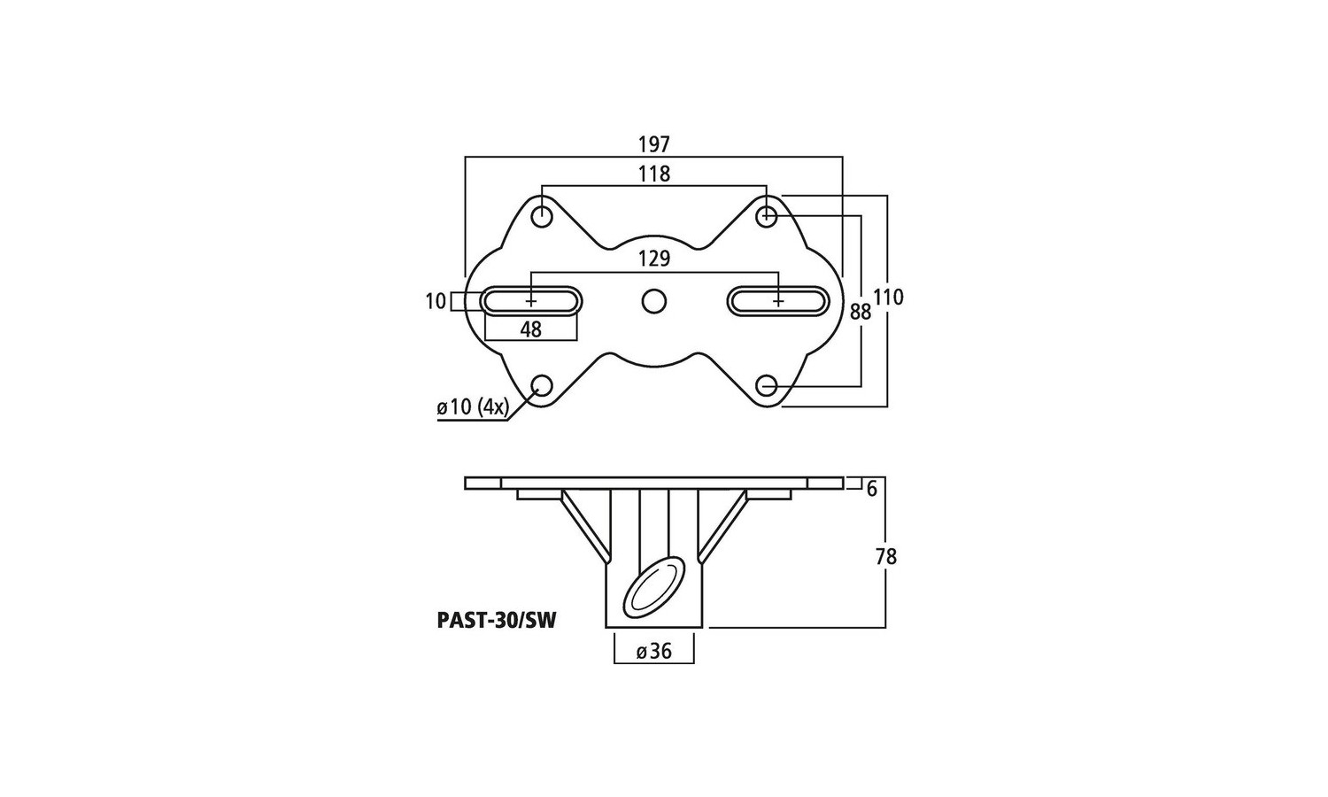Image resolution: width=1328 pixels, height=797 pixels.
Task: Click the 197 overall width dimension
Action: [x=654, y=144]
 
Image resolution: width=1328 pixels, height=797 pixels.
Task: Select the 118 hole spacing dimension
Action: [x=654, y=174]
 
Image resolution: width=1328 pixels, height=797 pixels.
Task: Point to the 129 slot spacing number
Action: [x=654, y=259]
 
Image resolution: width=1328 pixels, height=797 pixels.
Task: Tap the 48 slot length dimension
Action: [x=530, y=329]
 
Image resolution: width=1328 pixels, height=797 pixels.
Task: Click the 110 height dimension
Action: [x=888, y=297]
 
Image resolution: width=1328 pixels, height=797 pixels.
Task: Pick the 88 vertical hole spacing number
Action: [x=861, y=312]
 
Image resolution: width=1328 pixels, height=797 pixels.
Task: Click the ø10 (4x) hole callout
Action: [x=473, y=407]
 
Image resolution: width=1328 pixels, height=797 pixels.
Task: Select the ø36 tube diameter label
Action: [x=654, y=652]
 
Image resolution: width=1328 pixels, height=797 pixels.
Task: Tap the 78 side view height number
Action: [x=886, y=556]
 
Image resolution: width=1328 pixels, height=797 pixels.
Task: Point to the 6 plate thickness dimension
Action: [x=871, y=489]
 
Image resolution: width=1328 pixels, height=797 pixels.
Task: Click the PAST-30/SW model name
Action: [x=497, y=620]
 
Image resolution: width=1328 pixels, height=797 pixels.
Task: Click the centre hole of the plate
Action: [x=653, y=301]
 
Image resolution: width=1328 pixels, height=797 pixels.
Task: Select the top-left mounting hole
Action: [x=542, y=216]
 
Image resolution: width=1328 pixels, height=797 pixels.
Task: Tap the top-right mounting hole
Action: [x=767, y=216]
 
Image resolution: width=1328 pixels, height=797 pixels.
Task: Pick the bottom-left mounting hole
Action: [x=542, y=386]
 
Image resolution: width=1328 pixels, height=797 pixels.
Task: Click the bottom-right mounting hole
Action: [x=767, y=386]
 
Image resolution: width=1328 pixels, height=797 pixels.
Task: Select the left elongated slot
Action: [x=530, y=301]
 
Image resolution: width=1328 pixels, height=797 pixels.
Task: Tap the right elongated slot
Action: [x=778, y=301]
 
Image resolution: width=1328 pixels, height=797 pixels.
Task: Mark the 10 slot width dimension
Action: [x=436, y=301]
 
